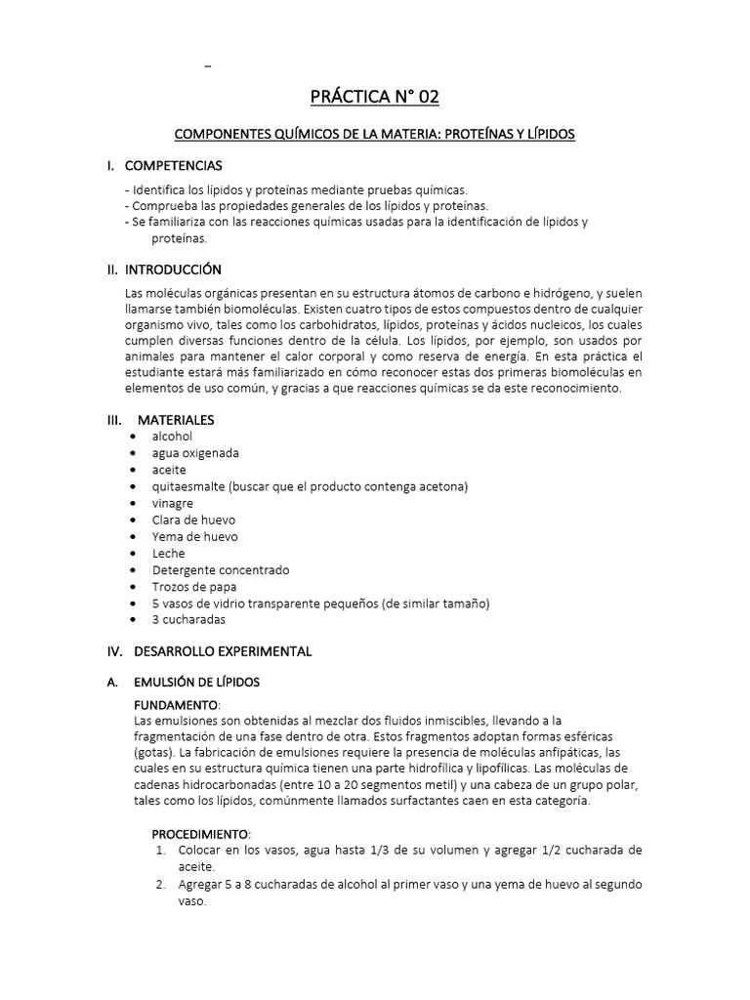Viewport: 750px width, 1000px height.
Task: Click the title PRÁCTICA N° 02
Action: pos(374,96)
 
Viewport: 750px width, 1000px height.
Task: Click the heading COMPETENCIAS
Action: pos(178,165)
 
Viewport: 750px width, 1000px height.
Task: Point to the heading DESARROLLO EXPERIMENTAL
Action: pos(223,649)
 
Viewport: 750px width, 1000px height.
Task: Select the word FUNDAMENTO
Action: pos(176,704)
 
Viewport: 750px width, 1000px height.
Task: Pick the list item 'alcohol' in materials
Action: pos(172,437)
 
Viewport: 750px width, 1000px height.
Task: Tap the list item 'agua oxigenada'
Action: pos(195,453)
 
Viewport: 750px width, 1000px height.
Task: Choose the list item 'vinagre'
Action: pos(173,503)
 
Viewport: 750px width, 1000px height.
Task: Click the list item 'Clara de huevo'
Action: pos(193,520)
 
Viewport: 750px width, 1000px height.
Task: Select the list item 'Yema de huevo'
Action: pos(194,536)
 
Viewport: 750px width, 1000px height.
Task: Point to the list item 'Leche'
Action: pos(168,553)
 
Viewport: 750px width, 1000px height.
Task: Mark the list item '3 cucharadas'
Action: pos(188,619)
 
